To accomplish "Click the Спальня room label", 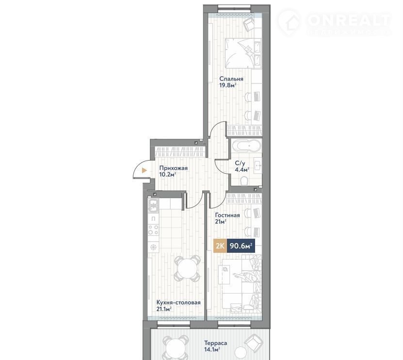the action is pos(231,79).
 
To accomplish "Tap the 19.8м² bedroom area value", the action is pos(228,85).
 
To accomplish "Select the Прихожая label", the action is pos(173,168).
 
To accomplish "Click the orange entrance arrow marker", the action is pos(145,170).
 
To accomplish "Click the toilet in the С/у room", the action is pos(243,180).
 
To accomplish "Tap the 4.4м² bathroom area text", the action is pos(242,170).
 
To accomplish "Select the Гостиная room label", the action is pos(227,215).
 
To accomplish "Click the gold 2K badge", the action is pos(220,246).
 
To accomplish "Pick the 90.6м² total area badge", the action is pos(241,246).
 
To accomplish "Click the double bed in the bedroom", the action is pos(243,53).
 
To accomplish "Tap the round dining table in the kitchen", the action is pos(187,268).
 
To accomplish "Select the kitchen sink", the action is pos(153,206).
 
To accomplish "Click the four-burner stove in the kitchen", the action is pos(153,230).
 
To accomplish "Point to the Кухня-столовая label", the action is pos(178,303).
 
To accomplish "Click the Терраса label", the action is pos(215,343).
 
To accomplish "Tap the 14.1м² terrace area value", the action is pos(212,350).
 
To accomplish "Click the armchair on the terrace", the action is pos(254,342).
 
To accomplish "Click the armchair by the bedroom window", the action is pos(249,24).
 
